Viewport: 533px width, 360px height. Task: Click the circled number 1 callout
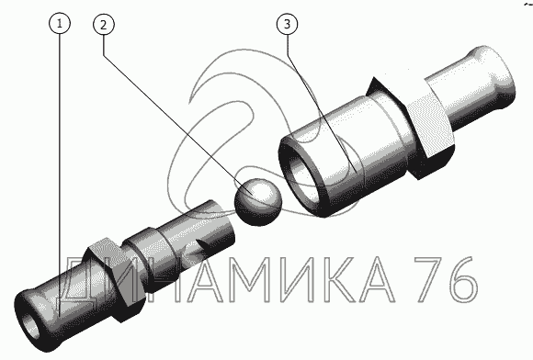pos(60,24)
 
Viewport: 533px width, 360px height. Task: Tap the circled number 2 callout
pos(104,24)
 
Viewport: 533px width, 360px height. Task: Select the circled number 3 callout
pos(288,24)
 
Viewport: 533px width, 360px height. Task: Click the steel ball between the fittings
pos(258,202)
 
